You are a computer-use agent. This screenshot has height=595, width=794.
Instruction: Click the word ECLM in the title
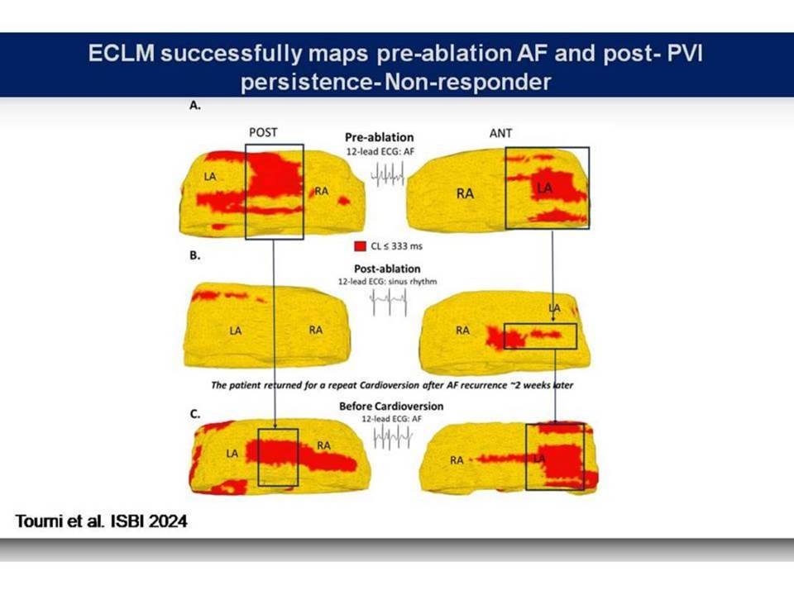coord(121,53)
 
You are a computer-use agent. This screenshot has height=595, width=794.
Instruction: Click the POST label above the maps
coord(263,132)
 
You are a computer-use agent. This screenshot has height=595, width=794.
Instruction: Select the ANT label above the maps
coord(501,133)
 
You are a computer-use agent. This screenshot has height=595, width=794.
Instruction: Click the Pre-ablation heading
coord(380,137)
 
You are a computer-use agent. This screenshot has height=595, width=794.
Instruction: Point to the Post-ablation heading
coord(387,269)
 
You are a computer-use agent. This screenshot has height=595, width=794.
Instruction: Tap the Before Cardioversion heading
coord(391,407)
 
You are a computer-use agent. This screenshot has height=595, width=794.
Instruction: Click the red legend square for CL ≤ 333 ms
coord(360,246)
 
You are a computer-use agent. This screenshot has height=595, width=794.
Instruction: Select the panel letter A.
coord(195,105)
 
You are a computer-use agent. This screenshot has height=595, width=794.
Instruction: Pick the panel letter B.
coord(195,255)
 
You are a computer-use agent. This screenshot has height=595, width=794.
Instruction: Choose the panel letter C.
coord(195,414)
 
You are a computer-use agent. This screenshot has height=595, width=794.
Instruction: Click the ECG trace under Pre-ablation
coord(387,174)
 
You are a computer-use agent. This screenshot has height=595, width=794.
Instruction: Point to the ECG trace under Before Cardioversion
coord(392,436)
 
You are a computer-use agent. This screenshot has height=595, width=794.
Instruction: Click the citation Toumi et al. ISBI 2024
coord(101,521)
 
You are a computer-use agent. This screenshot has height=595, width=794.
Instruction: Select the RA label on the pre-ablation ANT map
coord(465,193)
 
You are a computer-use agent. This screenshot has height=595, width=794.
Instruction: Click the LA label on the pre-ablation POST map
coord(210,177)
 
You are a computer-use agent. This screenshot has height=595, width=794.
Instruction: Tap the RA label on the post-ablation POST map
coord(315,330)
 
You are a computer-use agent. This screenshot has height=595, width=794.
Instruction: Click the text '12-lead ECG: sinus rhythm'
coord(387,281)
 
